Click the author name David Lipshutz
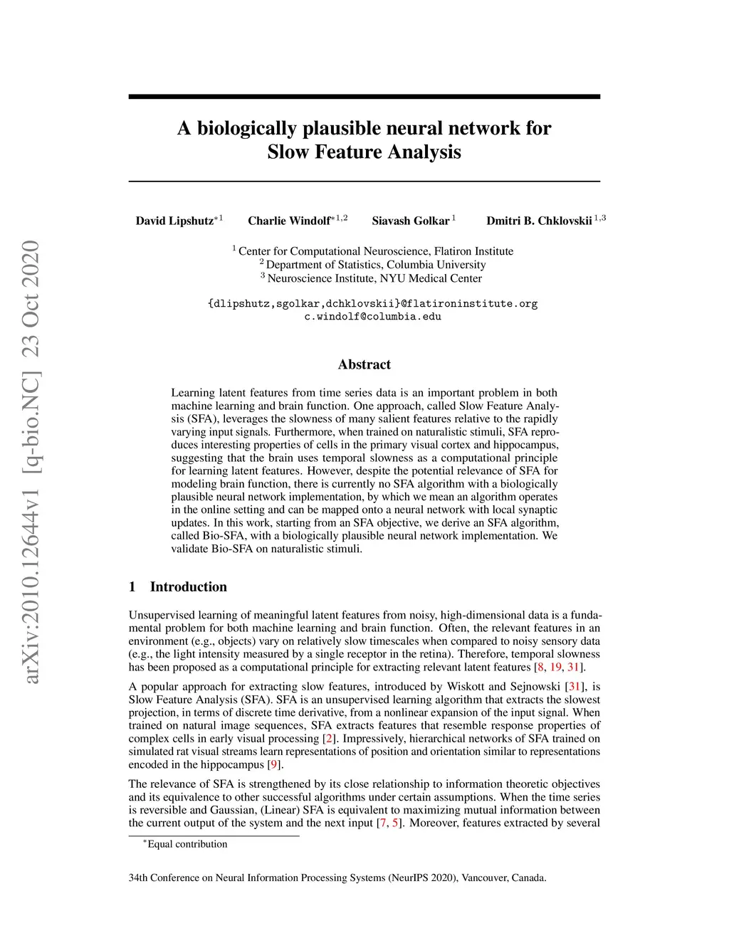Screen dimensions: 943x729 pos(174,221)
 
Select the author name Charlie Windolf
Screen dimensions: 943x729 pos(288,221)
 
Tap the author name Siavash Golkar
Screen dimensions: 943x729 pos(411,221)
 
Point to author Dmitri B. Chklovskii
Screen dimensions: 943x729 pos(539,221)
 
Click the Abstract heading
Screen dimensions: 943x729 pos(364,364)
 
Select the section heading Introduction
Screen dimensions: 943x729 pos(188,586)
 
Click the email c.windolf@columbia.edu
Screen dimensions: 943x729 pos(372,317)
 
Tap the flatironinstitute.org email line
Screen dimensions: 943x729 pos(372,304)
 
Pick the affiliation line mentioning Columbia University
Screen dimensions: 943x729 pos(372,265)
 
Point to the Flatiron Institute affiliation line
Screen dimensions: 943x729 pos(372,251)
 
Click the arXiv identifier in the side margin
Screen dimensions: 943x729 pos(31,463)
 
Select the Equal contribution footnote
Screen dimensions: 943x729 pos(186,844)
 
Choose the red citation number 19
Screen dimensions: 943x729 pos(555,667)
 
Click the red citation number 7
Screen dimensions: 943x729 pos(383,823)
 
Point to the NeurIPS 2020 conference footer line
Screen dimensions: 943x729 pos(337,878)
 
